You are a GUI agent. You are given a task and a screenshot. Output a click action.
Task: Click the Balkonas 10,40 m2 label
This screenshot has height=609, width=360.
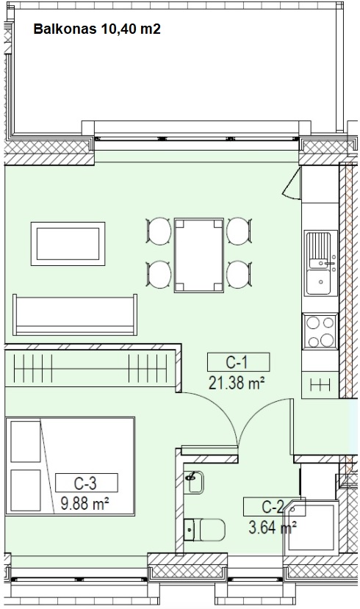[x=97, y=29]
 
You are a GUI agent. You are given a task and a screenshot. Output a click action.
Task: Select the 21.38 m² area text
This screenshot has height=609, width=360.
[x=237, y=383]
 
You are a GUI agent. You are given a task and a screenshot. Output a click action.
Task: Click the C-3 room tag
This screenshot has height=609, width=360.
[x=86, y=483]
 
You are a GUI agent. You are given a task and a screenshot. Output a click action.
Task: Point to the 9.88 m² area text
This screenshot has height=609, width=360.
[x=84, y=504]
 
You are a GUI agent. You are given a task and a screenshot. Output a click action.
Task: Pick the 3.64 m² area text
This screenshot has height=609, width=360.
[x=273, y=528]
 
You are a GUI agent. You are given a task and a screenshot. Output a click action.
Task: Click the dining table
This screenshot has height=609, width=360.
[x=199, y=255]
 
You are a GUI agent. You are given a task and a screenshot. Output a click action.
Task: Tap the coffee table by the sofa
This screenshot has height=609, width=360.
[x=68, y=244]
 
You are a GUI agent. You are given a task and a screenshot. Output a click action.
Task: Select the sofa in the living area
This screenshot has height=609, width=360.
[x=75, y=314]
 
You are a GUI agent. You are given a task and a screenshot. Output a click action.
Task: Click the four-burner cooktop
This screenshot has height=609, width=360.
[x=320, y=331]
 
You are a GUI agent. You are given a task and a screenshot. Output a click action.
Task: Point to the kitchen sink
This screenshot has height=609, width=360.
[x=320, y=262]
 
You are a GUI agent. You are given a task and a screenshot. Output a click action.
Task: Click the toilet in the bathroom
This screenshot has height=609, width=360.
[x=205, y=530]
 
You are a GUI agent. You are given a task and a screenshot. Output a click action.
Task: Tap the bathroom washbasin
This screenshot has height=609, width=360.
[x=194, y=482]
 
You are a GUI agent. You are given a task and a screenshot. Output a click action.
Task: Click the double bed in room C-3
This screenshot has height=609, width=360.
[x=71, y=466]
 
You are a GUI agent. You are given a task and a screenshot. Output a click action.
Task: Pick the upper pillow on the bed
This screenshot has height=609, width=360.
[x=26, y=442]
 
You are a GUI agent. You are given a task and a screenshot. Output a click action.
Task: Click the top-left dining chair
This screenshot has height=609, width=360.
[x=159, y=231]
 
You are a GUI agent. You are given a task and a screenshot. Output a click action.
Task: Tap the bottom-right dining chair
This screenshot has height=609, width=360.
[x=240, y=275]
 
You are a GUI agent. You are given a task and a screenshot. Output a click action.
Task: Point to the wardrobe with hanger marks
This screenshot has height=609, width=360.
[x=90, y=368]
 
